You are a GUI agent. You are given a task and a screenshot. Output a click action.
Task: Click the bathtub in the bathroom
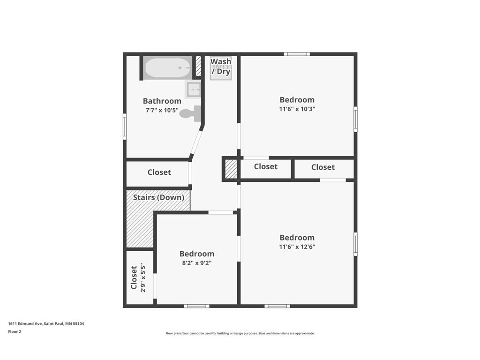[168, 68]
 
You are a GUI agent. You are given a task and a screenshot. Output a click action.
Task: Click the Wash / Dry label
[221, 67]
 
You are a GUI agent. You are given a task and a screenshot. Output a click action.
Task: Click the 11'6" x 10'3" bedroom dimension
[297, 109]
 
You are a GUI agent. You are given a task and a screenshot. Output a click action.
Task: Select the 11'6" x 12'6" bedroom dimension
[297, 247]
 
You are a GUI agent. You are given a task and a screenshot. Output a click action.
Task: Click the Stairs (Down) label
[158, 197]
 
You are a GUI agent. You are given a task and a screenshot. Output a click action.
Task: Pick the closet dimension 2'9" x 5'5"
[143, 277]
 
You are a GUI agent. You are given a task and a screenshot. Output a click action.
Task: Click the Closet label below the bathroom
[159, 172]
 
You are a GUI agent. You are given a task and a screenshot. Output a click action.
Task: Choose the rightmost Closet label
[323, 167]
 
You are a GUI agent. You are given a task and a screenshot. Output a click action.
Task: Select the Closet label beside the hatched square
[266, 167]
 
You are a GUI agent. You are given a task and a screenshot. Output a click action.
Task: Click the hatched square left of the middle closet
[231, 169]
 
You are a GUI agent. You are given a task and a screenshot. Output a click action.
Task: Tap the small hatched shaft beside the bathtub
[198, 66]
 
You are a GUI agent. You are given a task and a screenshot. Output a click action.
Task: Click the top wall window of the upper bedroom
[297, 54]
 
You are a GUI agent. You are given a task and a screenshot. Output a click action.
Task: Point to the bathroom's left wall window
[125, 126]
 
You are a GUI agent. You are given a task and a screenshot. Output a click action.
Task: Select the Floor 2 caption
[15, 332]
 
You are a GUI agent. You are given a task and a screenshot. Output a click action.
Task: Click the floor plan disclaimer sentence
[240, 333]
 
